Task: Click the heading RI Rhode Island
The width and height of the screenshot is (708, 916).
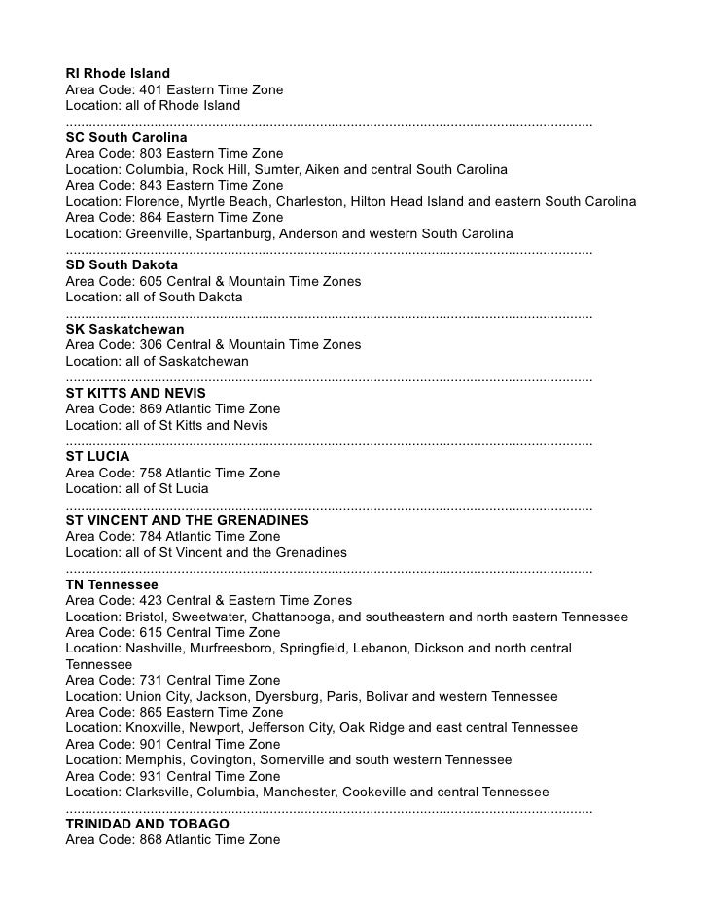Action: pos(118,74)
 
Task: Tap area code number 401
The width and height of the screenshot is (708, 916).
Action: pos(153,89)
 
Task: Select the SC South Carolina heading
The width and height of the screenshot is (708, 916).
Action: pos(126,138)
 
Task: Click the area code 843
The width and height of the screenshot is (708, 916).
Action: pos(153,185)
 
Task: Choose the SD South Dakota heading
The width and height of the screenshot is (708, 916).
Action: pos(122,264)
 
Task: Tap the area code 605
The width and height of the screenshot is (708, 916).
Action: pos(153,281)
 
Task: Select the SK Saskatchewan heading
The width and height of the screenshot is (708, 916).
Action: pos(124,329)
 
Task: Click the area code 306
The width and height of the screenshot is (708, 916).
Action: pos(153,344)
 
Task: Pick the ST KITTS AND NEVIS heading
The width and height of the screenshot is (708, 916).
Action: pos(135,393)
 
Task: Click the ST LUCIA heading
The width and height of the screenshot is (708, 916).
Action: pos(97,456)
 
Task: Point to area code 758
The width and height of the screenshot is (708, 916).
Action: pos(153,473)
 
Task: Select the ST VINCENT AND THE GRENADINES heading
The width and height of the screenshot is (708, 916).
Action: pos(187,520)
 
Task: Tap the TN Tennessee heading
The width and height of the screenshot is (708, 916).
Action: pos(112,584)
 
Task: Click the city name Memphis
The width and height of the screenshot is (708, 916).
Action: pos(156,759)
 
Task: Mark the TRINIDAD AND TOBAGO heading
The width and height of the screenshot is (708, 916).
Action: pos(147,824)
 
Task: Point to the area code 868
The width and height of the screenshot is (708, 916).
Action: pos(153,839)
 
